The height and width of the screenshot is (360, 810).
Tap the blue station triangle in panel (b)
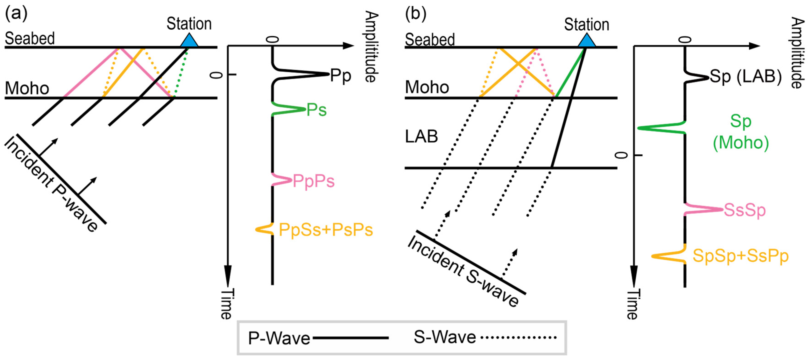point(587,42)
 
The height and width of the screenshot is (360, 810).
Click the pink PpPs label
point(314,181)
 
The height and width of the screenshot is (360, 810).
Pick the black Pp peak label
point(340,76)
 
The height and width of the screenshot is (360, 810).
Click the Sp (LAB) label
point(745,76)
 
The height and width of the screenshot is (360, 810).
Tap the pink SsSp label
point(745,210)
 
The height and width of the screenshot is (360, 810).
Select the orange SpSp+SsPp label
point(740,256)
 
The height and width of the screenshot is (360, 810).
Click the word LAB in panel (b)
point(421,137)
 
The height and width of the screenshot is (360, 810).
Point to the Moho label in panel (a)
point(27,88)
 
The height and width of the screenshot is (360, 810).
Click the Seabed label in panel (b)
point(429,40)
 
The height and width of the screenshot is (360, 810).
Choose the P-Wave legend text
point(279,338)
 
